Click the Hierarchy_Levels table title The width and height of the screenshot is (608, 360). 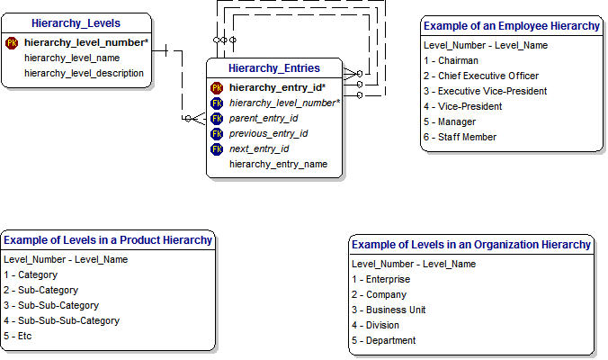pyautogui.click(x=76, y=22)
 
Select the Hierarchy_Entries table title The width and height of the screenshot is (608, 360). pyautogui.click(x=273, y=67)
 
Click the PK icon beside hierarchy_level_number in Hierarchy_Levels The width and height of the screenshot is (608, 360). pyautogui.click(x=12, y=42)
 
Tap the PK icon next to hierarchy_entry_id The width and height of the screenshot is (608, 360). pyautogui.click(x=217, y=87)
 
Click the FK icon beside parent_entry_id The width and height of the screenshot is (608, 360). pyautogui.click(x=217, y=118)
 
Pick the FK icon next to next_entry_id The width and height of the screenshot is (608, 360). pyautogui.click(x=217, y=148)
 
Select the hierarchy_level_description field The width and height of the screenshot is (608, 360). pyautogui.click(x=84, y=73)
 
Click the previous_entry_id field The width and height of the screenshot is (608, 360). pyautogui.click(x=268, y=133)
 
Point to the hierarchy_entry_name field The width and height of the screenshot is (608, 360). pyautogui.click(x=278, y=164)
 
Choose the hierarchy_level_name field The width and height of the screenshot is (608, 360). pyautogui.click(x=72, y=58)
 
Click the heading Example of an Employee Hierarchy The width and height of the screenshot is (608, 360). pyautogui.click(x=512, y=26)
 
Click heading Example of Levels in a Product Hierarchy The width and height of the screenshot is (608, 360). pyautogui.click(x=108, y=240)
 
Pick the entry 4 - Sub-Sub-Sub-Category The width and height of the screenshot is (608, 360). pyautogui.click(x=61, y=320)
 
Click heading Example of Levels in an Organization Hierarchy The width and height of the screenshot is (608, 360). pyautogui.click(x=471, y=245)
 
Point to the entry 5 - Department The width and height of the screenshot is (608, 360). pyautogui.click(x=384, y=340)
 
